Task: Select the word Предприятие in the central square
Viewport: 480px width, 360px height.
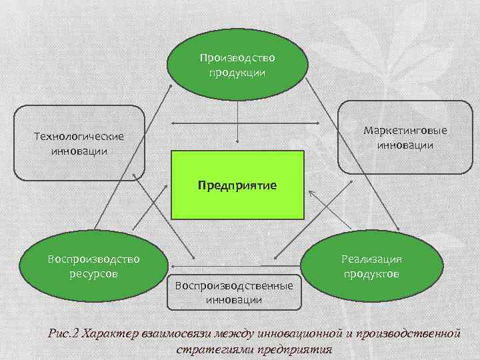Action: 237,184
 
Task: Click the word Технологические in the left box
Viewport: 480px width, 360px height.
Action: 79,136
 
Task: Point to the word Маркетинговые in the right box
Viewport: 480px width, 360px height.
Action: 405,130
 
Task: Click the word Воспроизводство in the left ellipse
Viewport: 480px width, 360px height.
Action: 94,259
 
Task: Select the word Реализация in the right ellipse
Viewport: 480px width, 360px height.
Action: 371,259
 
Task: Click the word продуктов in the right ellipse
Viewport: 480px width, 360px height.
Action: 371,274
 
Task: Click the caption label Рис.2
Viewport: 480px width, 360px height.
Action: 64,333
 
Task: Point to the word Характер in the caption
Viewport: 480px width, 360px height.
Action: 109,333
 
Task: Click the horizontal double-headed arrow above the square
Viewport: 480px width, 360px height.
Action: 237,123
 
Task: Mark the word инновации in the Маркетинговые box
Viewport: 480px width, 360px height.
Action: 405,145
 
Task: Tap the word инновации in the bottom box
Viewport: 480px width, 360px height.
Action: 233,300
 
